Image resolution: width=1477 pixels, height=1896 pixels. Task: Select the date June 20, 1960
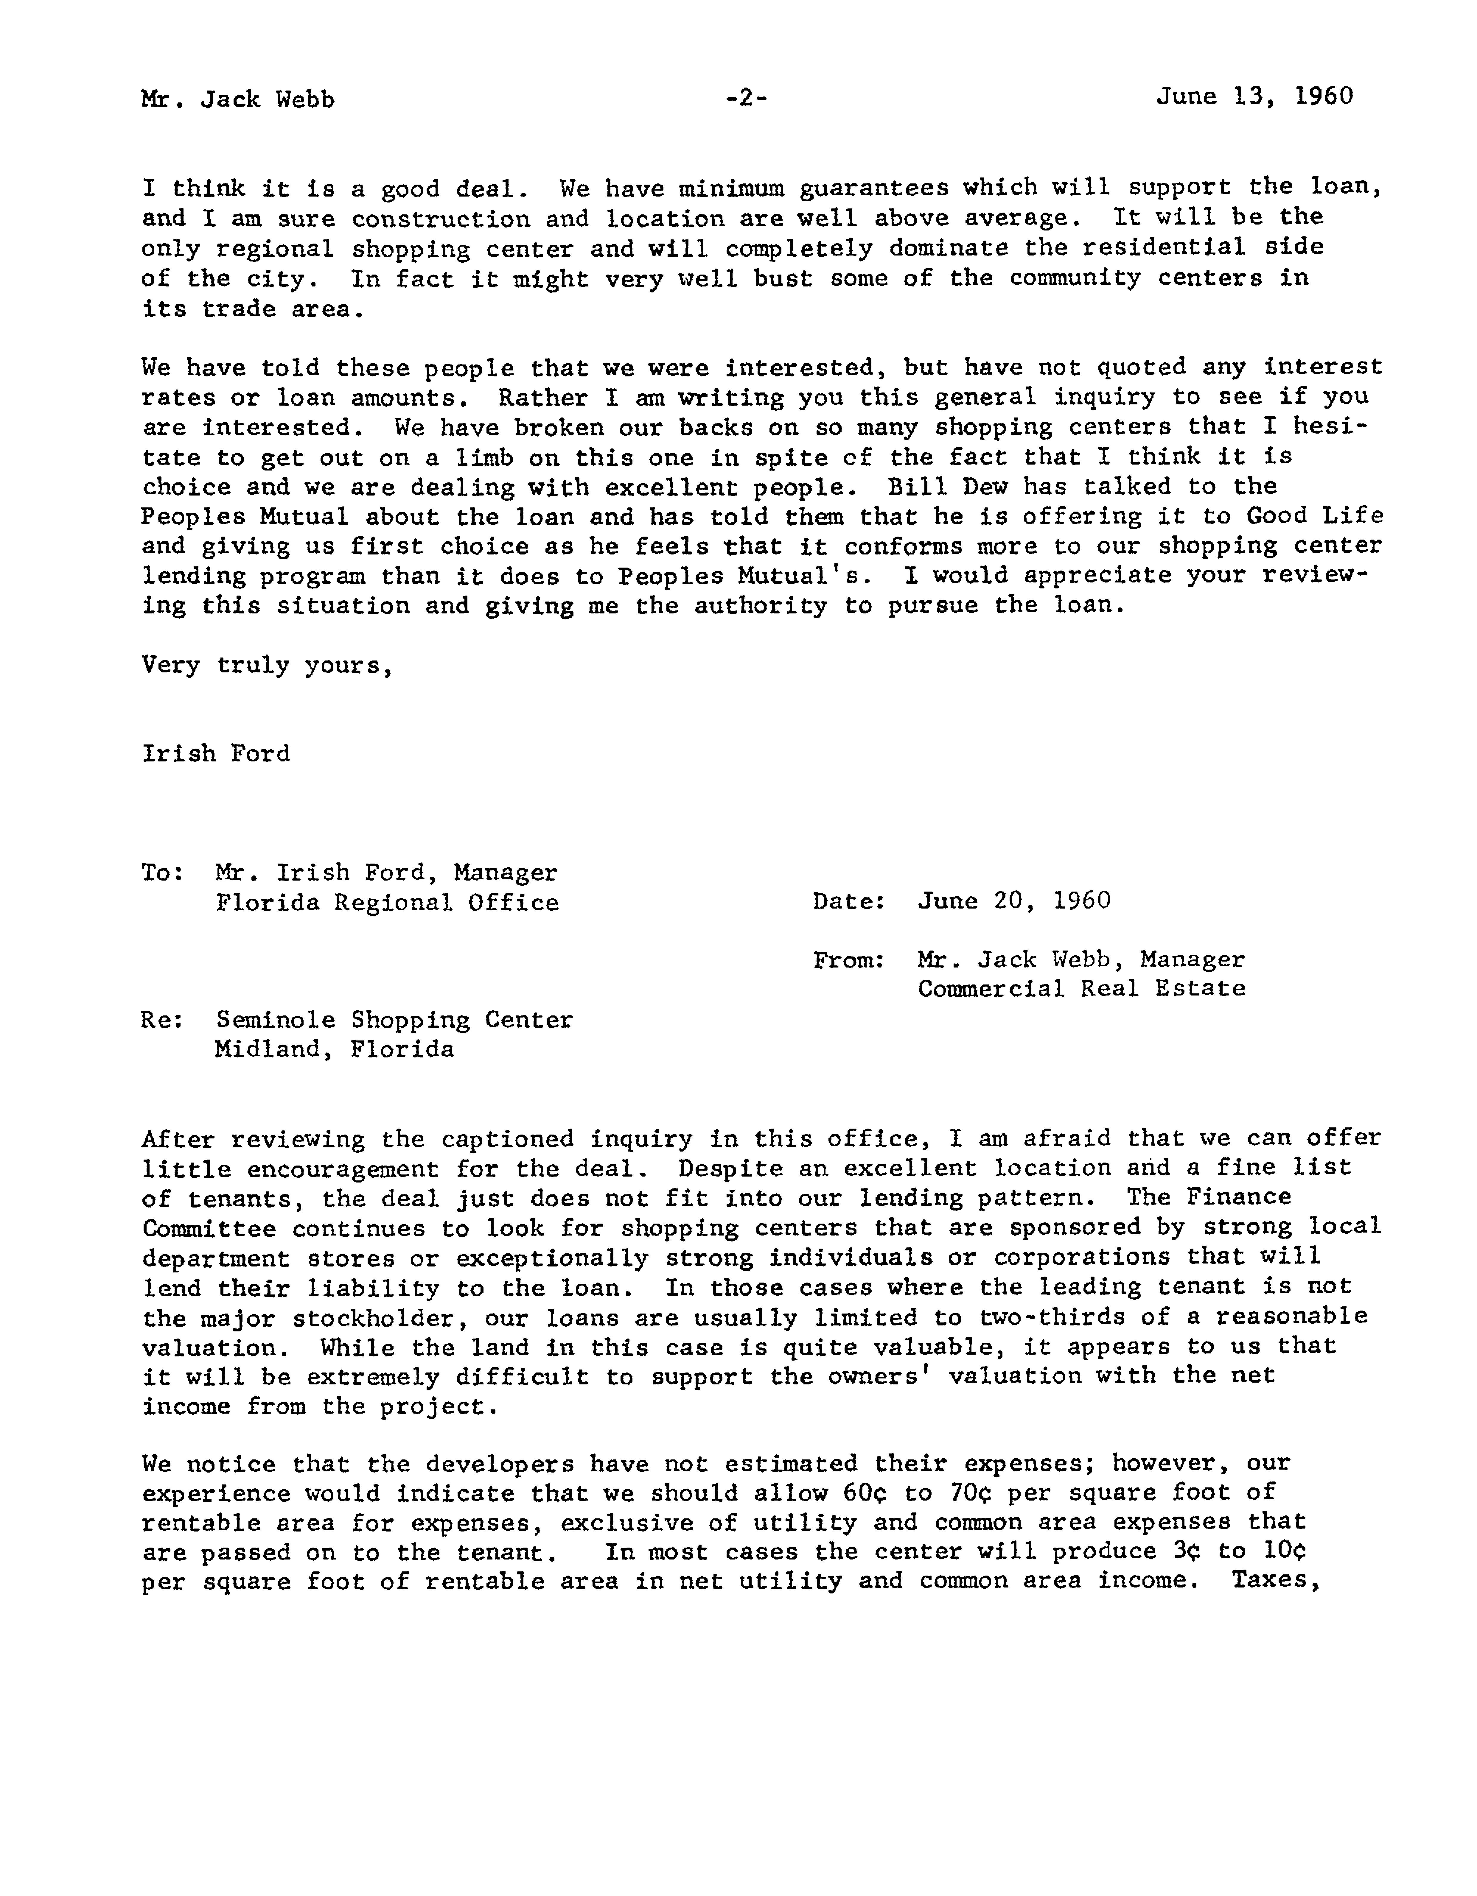pos(1013,900)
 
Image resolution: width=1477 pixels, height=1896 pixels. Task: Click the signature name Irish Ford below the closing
pos(216,753)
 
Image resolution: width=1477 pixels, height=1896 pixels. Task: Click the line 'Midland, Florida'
pos(334,1050)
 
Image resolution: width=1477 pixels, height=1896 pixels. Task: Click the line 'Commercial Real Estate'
pos(1081,989)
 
